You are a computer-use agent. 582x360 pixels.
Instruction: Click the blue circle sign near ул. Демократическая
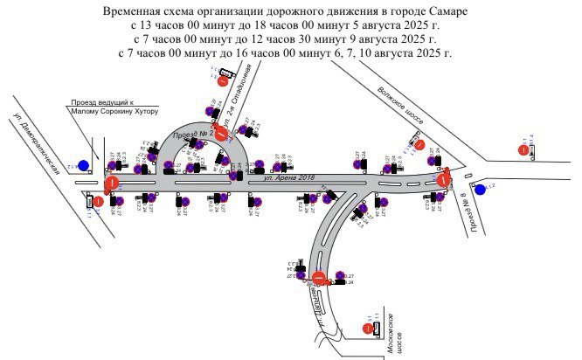[83, 164]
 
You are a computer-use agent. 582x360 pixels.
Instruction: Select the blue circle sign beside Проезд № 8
[479, 189]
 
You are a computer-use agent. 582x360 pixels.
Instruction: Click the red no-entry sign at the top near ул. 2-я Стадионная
[223, 81]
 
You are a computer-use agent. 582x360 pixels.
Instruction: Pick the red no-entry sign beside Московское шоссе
[367, 329]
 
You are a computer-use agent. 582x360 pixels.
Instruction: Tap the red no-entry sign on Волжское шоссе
[419, 145]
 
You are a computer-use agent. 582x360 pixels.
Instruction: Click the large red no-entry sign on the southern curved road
[319, 279]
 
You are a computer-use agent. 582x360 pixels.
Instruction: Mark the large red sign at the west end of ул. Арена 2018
[112, 183]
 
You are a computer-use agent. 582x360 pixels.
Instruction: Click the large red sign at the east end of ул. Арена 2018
[444, 180]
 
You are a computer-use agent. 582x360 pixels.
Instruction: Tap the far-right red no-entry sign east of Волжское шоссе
[523, 150]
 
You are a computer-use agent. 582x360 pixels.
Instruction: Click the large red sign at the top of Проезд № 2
[222, 133]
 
